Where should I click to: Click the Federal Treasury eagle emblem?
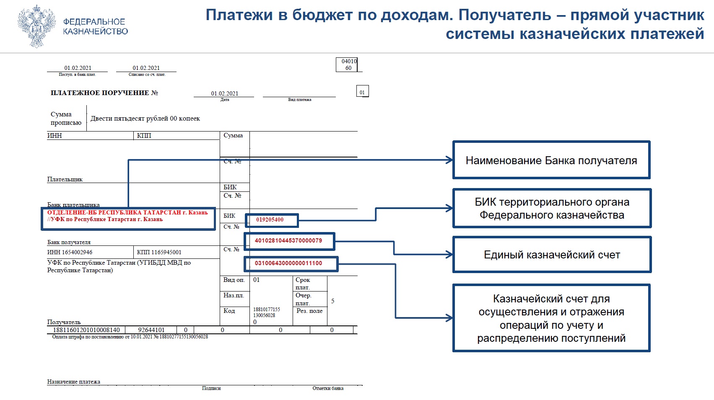point(37,26)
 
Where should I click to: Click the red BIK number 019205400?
point(270,219)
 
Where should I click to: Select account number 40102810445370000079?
point(288,240)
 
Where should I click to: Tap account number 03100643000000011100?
point(288,263)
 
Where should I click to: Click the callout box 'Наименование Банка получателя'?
point(551,160)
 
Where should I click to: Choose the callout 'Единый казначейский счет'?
point(552,255)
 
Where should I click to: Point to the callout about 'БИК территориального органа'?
point(552,209)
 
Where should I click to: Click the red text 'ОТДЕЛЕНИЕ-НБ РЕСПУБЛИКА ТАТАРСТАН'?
point(127,212)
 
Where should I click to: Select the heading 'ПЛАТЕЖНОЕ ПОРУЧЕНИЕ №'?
point(104,93)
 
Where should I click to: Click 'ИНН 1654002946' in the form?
point(70,252)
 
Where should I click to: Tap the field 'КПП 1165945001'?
point(159,252)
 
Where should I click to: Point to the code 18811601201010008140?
point(86,330)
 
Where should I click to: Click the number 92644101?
point(151,330)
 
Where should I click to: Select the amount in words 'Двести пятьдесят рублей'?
point(145,119)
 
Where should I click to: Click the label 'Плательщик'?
point(65,179)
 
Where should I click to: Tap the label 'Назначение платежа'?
point(74,382)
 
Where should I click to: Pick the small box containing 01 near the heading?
point(362,92)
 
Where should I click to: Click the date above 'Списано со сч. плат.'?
point(146,68)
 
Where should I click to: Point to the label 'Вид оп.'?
point(234,280)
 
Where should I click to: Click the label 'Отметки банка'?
point(328,388)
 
